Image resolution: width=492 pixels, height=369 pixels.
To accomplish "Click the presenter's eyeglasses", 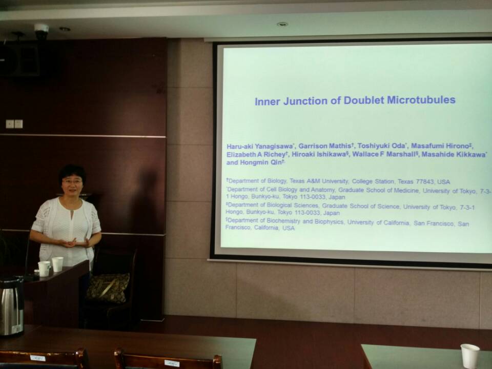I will pyautogui.click(x=72, y=181).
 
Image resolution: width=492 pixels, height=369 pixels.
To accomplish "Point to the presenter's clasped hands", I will pyautogui.click(x=70, y=242).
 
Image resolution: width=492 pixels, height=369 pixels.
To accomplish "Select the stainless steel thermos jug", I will pyautogui.click(x=11, y=306).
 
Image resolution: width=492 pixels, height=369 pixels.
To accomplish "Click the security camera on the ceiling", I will pyautogui.click(x=41, y=30).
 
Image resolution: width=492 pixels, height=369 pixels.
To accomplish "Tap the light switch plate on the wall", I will pyautogui.click(x=14, y=124).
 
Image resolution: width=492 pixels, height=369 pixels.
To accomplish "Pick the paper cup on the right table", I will pyautogui.click(x=469, y=356).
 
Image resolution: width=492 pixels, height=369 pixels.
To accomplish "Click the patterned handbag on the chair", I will pyautogui.click(x=108, y=286).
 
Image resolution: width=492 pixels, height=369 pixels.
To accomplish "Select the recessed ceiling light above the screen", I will pyautogui.click(x=282, y=24).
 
